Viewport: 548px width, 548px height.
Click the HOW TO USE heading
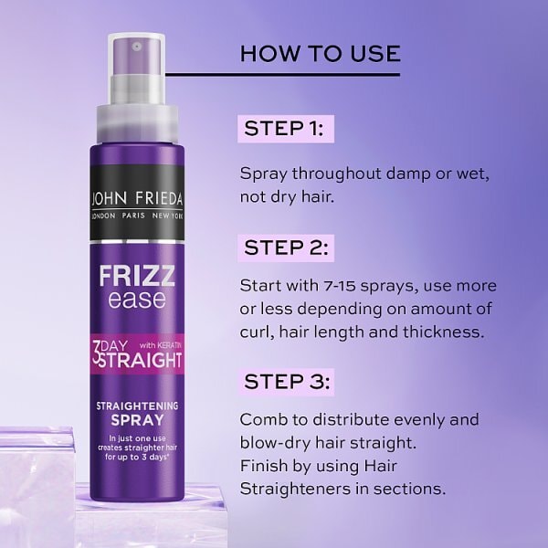pyautogui.click(x=320, y=53)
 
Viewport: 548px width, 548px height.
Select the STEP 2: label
pyautogui.click(x=285, y=248)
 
